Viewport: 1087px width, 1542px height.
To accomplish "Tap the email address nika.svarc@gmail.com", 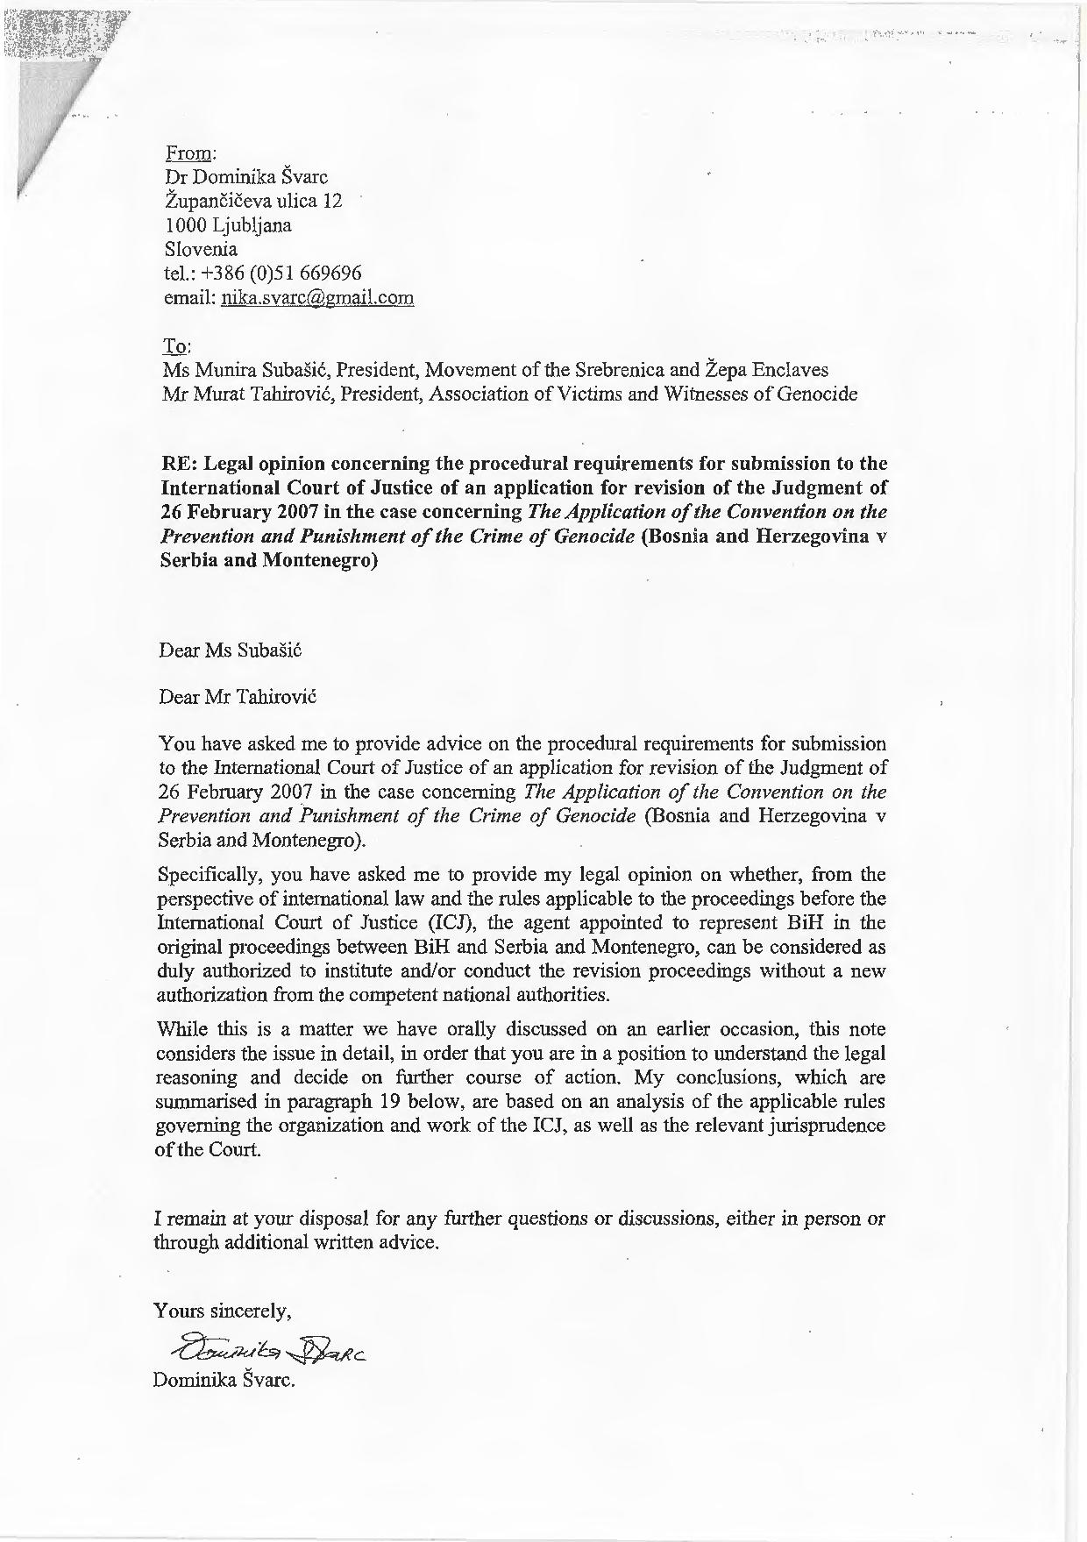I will pos(317,298).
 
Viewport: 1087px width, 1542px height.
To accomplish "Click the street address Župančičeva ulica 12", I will pos(252,201).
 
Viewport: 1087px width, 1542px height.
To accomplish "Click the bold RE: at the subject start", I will pos(179,463).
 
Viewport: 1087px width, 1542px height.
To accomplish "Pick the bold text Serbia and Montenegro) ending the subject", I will pos(269,560).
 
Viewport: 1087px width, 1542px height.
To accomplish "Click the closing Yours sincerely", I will pos(223,1311).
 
